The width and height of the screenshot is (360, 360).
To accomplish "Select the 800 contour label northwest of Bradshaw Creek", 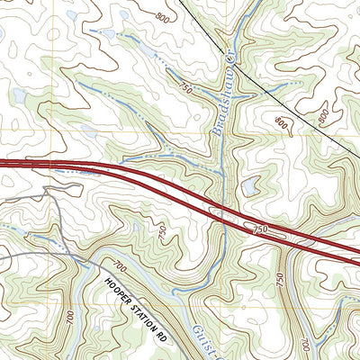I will click(163, 18).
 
